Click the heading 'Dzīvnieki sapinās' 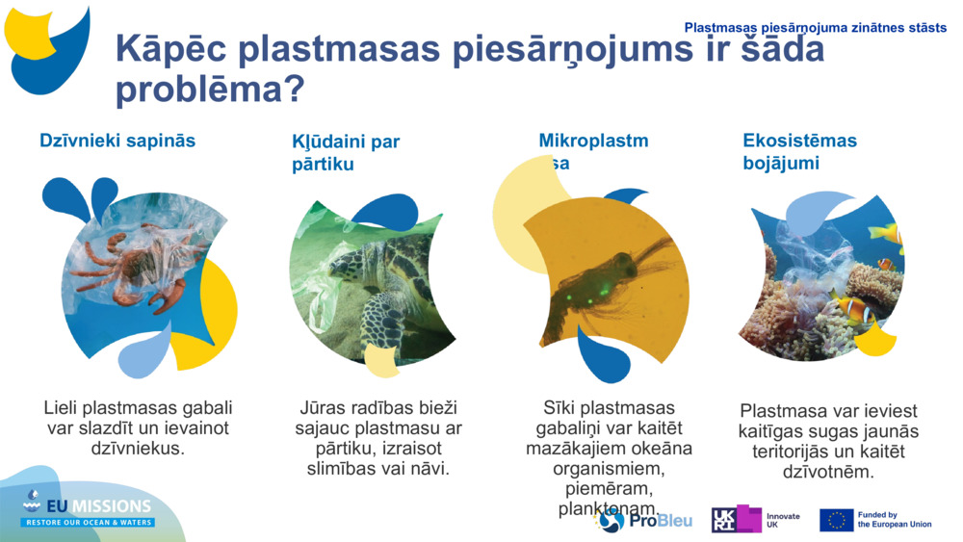click(x=117, y=141)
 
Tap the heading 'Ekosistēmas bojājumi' click(x=799, y=151)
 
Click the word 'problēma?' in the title click(x=210, y=90)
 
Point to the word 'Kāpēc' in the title click(x=169, y=49)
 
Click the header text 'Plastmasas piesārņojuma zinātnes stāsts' click(x=815, y=28)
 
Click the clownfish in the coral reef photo click(x=852, y=308)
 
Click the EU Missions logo click(x=89, y=509)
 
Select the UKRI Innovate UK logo click(x=755, y=520)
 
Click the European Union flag click(x=836, y=520)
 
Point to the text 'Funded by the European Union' click(x=894, y=520)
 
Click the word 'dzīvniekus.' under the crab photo click(x=138, y=449)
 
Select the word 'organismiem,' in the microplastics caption click(x=609, y=469)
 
